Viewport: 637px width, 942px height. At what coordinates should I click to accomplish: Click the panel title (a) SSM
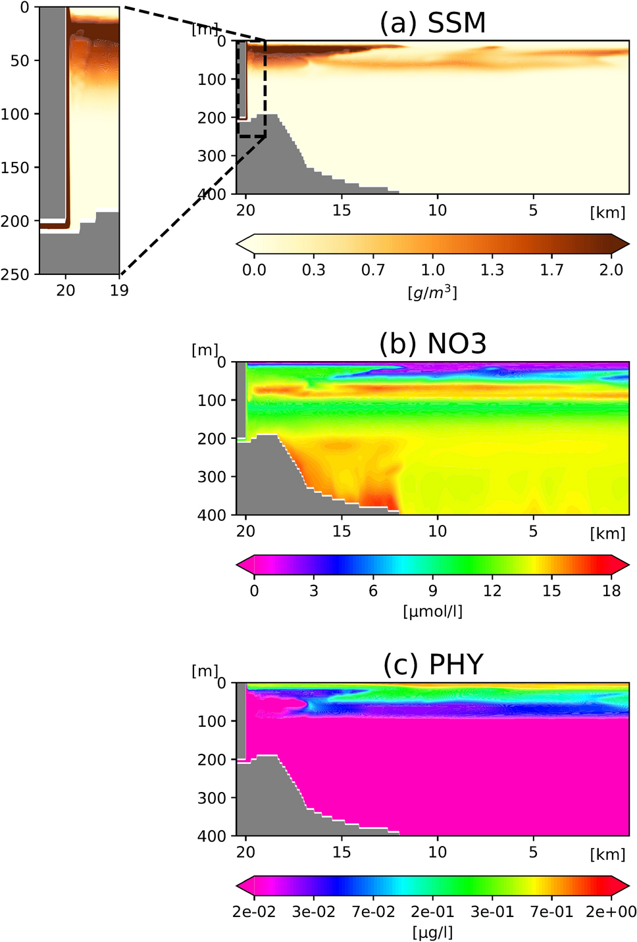432,24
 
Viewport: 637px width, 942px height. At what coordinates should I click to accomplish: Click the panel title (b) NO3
432,344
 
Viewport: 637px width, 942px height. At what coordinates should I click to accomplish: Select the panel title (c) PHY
433,665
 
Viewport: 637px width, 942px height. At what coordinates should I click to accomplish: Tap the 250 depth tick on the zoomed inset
16,275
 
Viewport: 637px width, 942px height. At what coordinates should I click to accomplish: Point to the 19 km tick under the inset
119,290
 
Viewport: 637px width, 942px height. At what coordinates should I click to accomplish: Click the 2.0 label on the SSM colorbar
611,270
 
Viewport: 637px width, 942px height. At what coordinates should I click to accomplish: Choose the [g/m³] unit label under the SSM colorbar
432,292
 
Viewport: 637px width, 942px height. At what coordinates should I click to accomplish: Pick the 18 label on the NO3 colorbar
611,591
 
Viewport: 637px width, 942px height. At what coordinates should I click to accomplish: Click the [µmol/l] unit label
432,612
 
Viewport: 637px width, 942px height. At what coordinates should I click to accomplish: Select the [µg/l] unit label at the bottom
432,932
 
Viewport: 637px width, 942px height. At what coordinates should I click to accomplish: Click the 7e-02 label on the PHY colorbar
373,912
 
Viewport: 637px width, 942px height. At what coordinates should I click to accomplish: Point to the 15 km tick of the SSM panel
342,211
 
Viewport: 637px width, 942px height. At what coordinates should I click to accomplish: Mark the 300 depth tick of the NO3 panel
211,476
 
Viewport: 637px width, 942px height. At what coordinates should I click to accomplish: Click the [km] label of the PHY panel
607,854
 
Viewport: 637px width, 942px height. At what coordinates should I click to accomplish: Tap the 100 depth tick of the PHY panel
211,721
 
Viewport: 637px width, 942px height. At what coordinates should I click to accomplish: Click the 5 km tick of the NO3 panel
533,531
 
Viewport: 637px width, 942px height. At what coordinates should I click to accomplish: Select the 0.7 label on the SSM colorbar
373,270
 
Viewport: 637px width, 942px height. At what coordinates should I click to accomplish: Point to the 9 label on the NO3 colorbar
432,591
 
